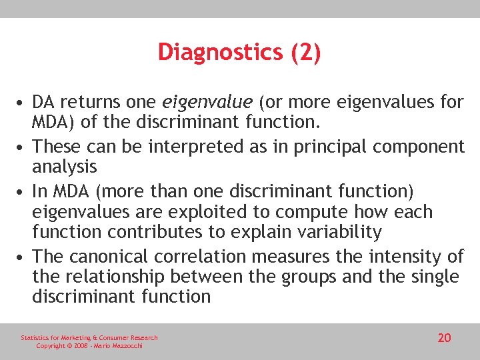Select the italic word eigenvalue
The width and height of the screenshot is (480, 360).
[x=207, y=102]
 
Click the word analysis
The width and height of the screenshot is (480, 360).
[x=64, y=166]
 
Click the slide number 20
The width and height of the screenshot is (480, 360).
[x=444, y=338]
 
